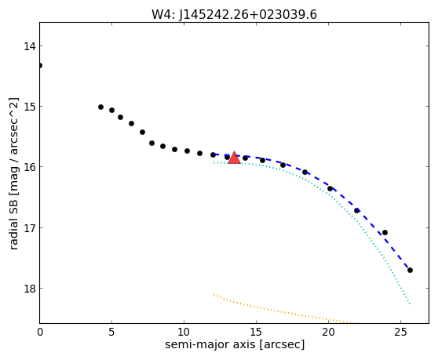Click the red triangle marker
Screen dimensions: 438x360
[x=234, y=158]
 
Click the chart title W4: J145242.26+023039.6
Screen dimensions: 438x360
[x=234, y=15]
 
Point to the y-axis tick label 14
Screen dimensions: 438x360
[x=30, y=46]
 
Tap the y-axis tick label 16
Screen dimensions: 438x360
[x=30, y=167]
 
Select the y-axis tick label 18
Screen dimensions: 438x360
[x=30, y=289]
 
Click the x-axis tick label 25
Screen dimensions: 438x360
[x=400, y=332]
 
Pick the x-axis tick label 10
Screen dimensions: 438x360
[x=184, y=332]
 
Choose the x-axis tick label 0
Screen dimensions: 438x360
[x=40, y=332]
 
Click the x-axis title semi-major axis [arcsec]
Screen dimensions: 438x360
[x=235, y=344]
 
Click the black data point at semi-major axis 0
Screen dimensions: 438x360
[x=40, y=66]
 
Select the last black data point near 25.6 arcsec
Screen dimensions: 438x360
[x=410, y=270]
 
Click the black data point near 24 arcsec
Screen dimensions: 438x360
[x=385, y=232]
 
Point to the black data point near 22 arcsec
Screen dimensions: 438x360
[x=356, y=210]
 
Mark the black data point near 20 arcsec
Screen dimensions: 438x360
[x=330, y=189]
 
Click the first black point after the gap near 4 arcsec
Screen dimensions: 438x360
[x=100, y=107]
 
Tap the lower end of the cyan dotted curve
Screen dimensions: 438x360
[x=410, y=304]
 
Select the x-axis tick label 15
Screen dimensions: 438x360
[x=256, y=332]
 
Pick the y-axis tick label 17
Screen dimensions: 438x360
[x=30, y=228]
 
